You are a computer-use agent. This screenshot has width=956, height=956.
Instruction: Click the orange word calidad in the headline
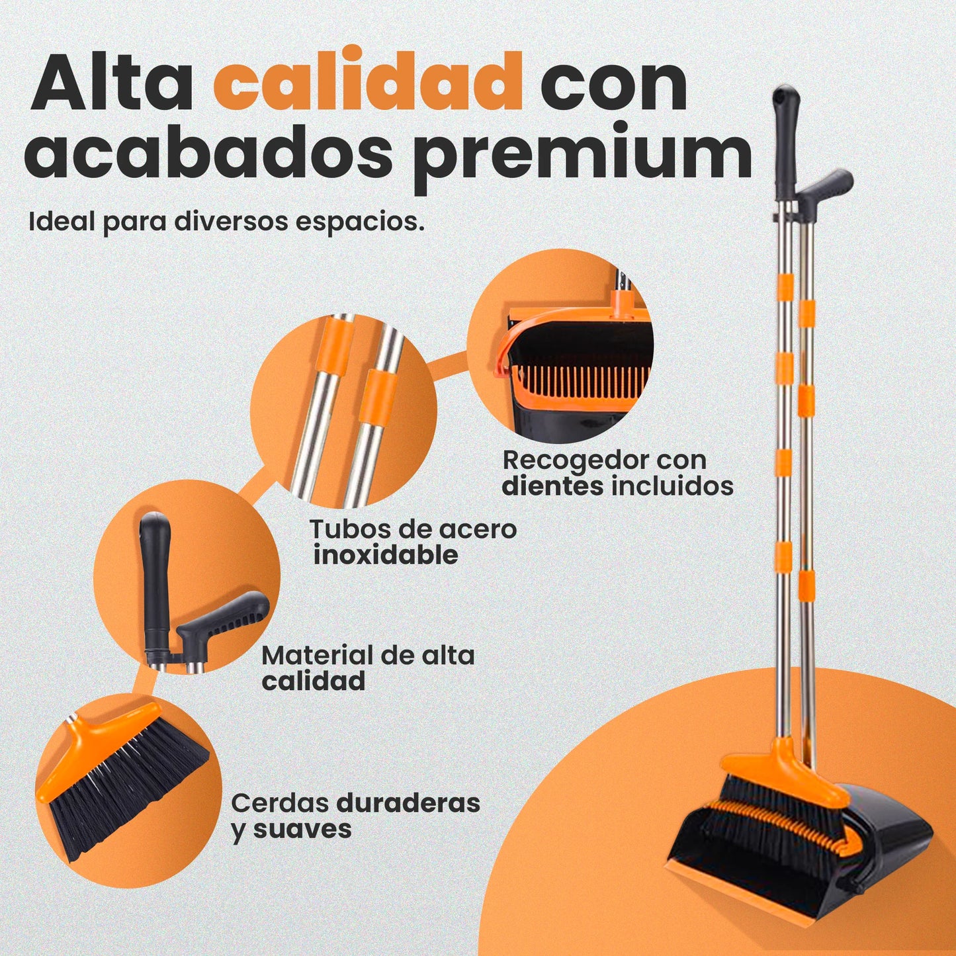coord(368,80)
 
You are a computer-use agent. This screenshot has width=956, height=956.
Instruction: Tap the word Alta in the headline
coord(112,80)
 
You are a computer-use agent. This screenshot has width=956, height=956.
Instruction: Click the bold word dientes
coord(552,486)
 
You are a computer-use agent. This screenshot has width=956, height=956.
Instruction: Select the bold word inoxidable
coord(386,554)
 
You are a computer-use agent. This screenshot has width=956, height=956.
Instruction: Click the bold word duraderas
coord(408,803)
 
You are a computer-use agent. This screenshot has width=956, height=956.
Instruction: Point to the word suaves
coord(302,830)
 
